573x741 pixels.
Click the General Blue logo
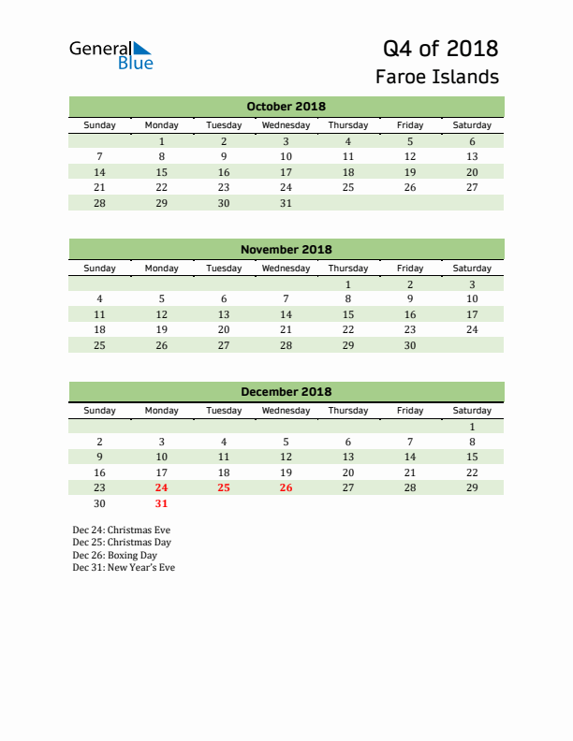tap(110, 55)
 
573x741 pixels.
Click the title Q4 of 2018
tap(440, 48)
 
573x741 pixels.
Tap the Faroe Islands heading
tap(437, 77)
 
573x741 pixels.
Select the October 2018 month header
tap(286, 107)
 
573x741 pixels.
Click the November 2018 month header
tap(286, 250)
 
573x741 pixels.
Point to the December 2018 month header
tap(286, 392)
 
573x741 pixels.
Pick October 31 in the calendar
tap(286, 203)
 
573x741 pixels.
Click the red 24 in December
tap(161, 487)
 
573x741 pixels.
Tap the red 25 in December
tap(223, 487)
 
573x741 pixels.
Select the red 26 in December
tap(286, 487)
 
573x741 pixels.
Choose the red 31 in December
tap(161, 503)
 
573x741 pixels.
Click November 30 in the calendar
tap(409, 345)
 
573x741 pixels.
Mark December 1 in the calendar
tap(472, 427)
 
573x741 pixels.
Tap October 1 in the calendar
tap(161, 141)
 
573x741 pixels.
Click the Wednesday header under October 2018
tap(286, 125)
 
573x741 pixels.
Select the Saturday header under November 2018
tap(472, 269)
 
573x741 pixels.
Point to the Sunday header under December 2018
tap(99, 411)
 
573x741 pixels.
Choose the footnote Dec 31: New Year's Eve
tap(124, 567)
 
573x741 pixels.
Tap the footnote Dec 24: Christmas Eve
tap(122, 530)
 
